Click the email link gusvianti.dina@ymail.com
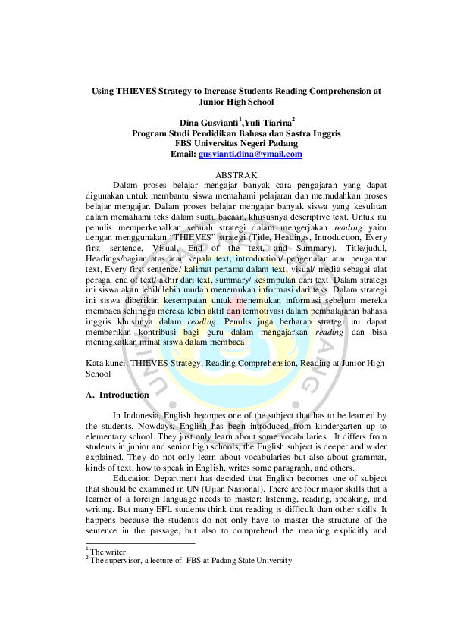pyautogui.click(x=250, y=154)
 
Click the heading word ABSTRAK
pyautogui.click(x=236, y=176)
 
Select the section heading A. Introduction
pyautogui.click(x=116, y=395)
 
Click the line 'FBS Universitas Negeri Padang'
pyautogui.click(x=236, y=143)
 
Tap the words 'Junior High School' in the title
pyautogui.click(x=236, y=102)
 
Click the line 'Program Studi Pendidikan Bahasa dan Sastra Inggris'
pyautogui.click(x=236, y=133)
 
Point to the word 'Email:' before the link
pyautogui.click(x=183, y=154)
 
